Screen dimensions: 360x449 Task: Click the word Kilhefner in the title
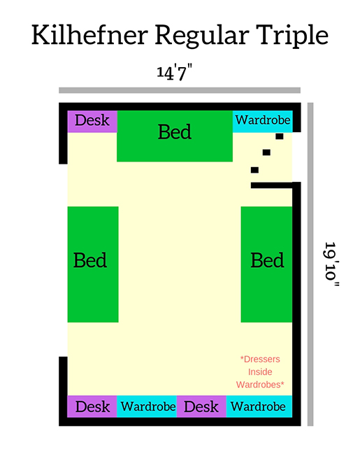click(x=89, y=35)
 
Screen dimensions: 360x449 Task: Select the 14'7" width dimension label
click(x=174, y=73)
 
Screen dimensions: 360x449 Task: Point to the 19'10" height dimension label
click(x=331, y=264)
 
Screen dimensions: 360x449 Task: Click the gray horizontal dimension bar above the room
click(x=180, y=90)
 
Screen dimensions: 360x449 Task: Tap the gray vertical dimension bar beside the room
click(x=310, y=264)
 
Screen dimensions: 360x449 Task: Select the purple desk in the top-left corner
click(x=92, y=122)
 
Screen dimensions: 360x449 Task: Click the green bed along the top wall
click(x=175, y=136)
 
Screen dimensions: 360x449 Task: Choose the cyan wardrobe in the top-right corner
click(x=262, y=122)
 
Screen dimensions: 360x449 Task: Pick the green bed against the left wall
click(x=93, y=264)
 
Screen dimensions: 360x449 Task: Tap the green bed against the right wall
click(x=266, y=264)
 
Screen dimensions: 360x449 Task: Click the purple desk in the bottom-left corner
click(x=92, y=406)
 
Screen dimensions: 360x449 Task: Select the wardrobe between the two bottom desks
click(x=147, y=406)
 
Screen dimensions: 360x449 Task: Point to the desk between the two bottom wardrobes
click(x=201, y=406)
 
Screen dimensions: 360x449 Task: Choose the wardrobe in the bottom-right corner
click(x=259, y=406)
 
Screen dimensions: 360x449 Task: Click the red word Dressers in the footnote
click(x=260, y=359)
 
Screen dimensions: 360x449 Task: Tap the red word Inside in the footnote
click(x=260, y=371)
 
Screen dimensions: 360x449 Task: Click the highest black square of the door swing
click(x=280, y=136)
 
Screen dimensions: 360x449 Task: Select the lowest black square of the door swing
click(x=254, y=170)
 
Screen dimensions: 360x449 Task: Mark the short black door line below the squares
click(x=272, y=185)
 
